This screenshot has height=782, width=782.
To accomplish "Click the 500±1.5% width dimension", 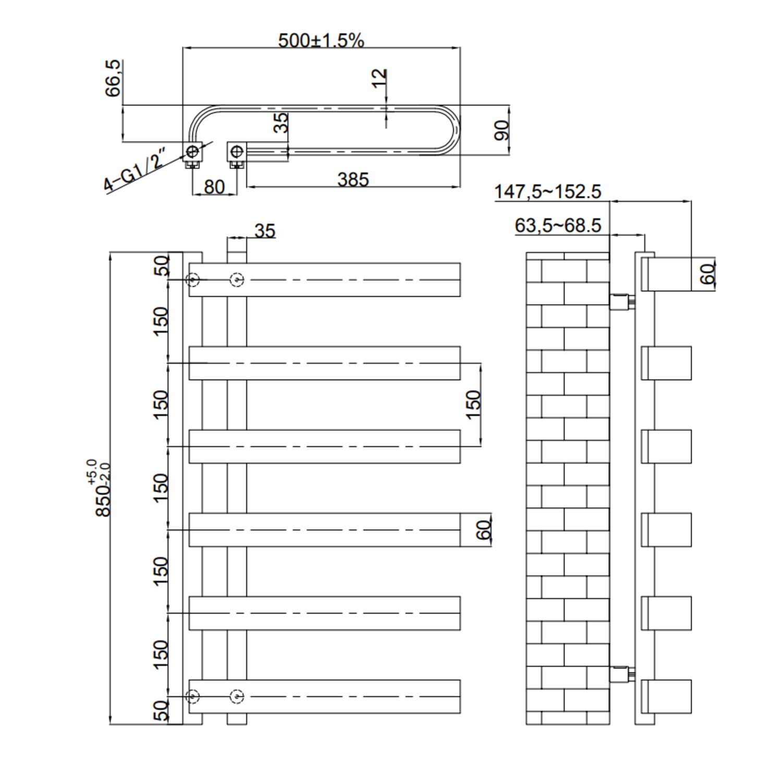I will [x=321, y=40].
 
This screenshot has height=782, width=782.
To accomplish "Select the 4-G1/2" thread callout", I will [x=135, y=170].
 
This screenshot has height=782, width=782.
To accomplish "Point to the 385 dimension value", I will [x=353, y=179].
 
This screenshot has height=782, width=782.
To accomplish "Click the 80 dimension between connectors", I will [x=214, y=187].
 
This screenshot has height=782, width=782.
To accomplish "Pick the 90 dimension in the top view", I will [x=502, y=130].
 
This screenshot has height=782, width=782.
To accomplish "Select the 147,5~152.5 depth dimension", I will [x=547, y=191].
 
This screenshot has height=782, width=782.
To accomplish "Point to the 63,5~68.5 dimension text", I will [x=558, y=225].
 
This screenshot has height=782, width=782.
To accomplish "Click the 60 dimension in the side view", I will [x=707, y=274].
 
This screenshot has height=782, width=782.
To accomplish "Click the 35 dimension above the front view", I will [x=265, y=230].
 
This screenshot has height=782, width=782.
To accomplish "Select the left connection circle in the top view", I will [x=192, y=152].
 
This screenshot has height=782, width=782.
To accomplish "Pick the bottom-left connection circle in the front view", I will [x=193, y=696].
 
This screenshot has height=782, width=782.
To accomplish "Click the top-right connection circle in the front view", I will [x=237, y=280].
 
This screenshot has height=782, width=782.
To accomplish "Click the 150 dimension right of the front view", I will [x=472, y=404].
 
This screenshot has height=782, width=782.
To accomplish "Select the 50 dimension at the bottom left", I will [x=162, y=710].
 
